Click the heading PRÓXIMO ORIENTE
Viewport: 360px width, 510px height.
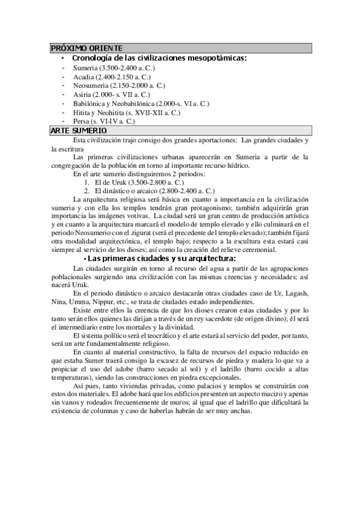point(87,48)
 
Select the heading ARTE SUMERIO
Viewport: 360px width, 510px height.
point(79,131)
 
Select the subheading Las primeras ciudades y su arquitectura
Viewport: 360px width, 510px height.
point(161,259)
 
